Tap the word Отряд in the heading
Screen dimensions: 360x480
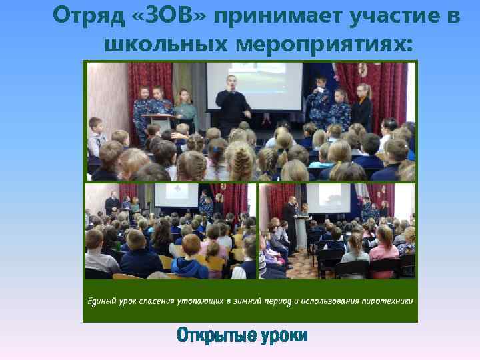point(83,15)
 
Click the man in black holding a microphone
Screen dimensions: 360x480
point(234,103)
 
